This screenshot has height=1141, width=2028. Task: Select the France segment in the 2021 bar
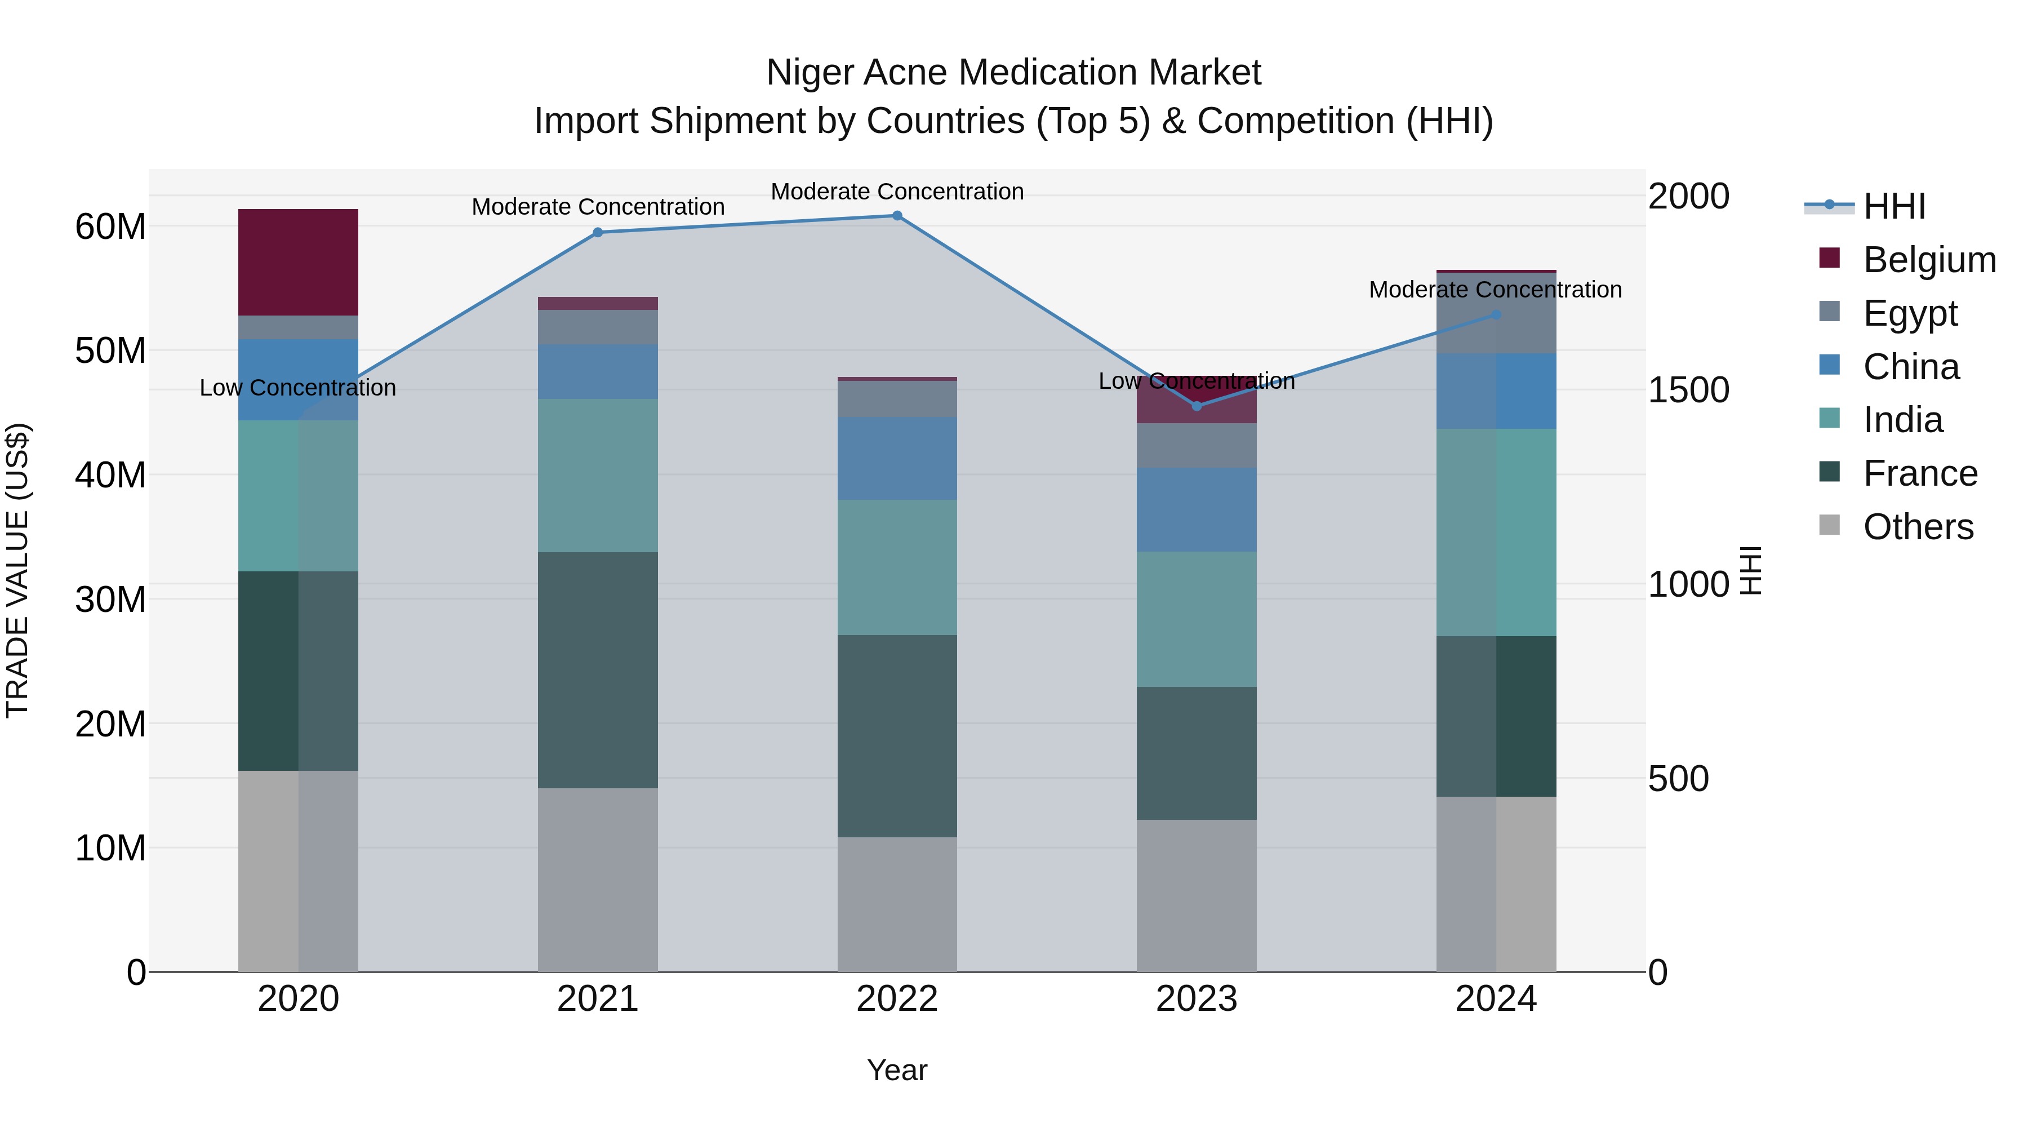[598, 669]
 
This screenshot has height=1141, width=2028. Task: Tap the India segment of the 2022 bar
[897, 567]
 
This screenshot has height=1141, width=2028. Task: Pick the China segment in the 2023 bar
[1196, 509]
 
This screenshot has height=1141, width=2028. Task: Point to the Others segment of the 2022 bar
[897, 904]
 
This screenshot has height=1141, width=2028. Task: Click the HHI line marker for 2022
[897, 216]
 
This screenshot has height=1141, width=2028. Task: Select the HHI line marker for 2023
[1197, 406]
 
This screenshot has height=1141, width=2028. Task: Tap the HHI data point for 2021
[598, 232]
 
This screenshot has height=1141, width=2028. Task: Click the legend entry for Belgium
[1929, 260]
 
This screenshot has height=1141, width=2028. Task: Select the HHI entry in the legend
[1893, 206]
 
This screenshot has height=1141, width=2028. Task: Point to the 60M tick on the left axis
[110, 227]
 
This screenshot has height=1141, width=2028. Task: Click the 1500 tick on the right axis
[1689, 390]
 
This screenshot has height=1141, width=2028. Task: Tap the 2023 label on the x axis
[1196, 999]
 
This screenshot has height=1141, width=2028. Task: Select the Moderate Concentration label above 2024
[1495, 290]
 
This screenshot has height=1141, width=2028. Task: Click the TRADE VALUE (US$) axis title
[17, 570]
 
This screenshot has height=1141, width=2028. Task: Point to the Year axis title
[897, 1070]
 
